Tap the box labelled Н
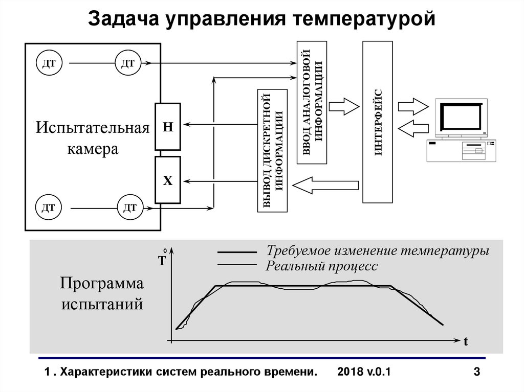click(168, 127)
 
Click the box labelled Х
click(168, 180)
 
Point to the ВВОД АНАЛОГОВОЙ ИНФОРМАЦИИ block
click(312, 102)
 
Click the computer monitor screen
click(461, 117)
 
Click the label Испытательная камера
click(92, 138)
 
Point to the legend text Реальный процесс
click(322, 266)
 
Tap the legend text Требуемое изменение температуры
click(378, 251)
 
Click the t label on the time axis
click(466, 342)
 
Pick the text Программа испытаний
click(102, 293)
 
